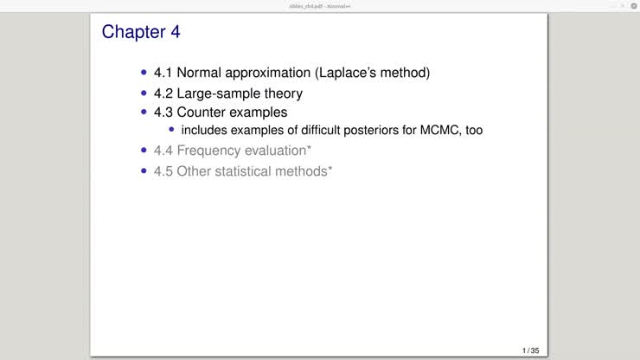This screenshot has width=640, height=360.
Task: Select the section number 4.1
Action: click(163, 73)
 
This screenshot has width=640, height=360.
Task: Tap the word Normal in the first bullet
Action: click(202, 73)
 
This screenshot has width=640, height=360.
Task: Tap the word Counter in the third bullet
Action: click(203, 112)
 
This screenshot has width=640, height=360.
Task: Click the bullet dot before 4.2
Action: click(144, 93)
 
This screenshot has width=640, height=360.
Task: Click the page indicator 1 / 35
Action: click(530, 350)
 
